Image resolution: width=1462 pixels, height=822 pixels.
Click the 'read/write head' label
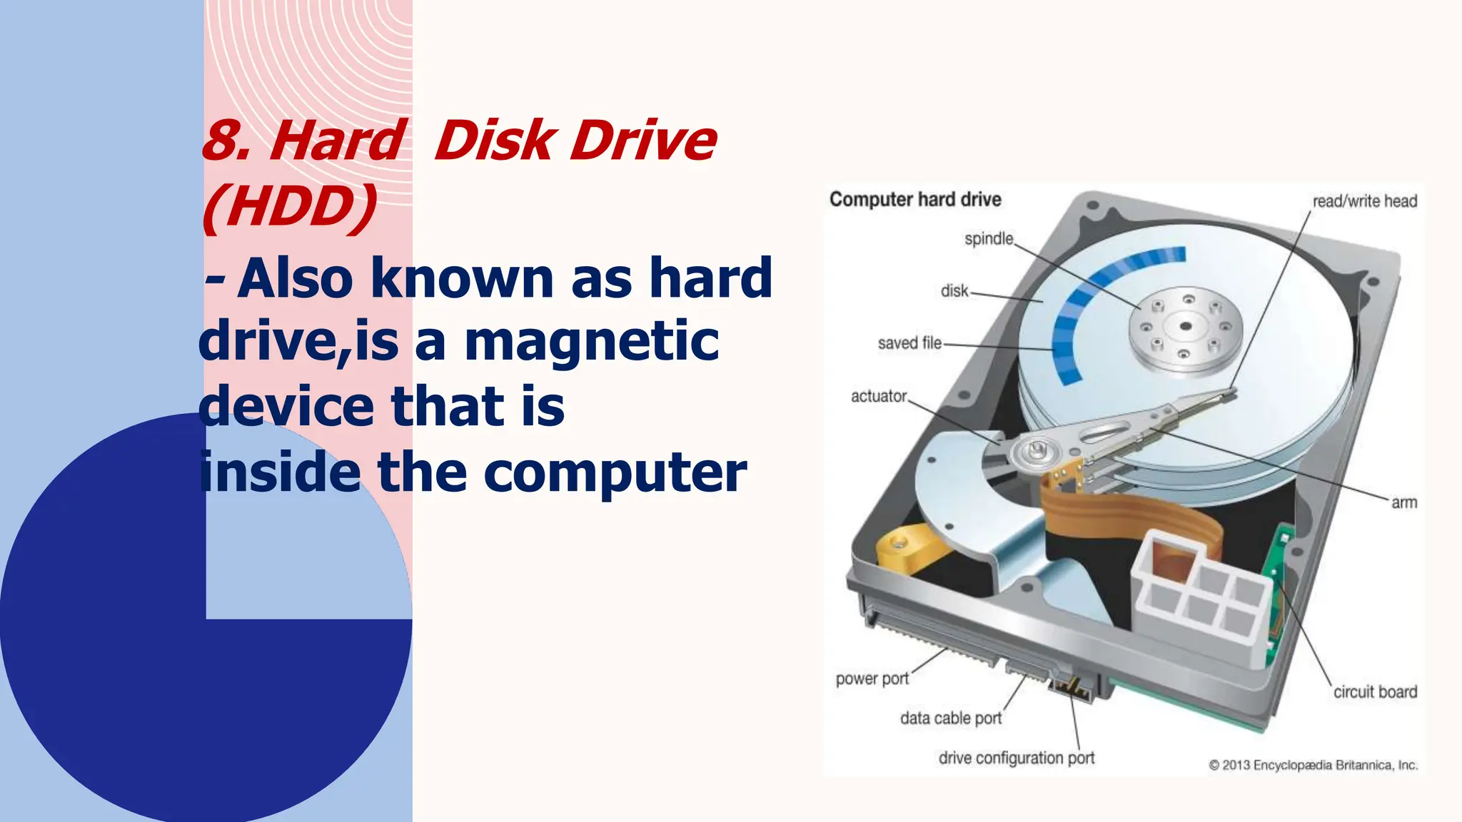(1364, 201)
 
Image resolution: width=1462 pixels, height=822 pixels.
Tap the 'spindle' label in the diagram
(989, 238)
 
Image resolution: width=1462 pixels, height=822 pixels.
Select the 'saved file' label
(909, 343)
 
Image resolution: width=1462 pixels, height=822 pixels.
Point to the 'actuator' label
(879, 396)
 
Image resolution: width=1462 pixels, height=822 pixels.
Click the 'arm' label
(1403, 502)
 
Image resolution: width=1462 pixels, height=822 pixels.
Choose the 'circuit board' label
(1375, 691)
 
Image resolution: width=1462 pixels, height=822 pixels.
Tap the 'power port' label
(872, 679)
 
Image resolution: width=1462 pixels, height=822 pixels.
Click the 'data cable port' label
(951, 718)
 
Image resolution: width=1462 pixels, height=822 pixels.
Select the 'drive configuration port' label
(1017, 758)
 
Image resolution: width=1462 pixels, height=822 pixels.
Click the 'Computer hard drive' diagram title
(915, 200)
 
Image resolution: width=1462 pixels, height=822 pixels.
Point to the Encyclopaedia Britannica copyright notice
(1313, 765)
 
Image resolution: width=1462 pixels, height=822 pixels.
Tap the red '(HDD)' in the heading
(290, 207)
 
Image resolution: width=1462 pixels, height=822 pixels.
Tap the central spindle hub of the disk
(1185, 327)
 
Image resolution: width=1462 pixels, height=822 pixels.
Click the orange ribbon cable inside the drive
(1114, 514)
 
